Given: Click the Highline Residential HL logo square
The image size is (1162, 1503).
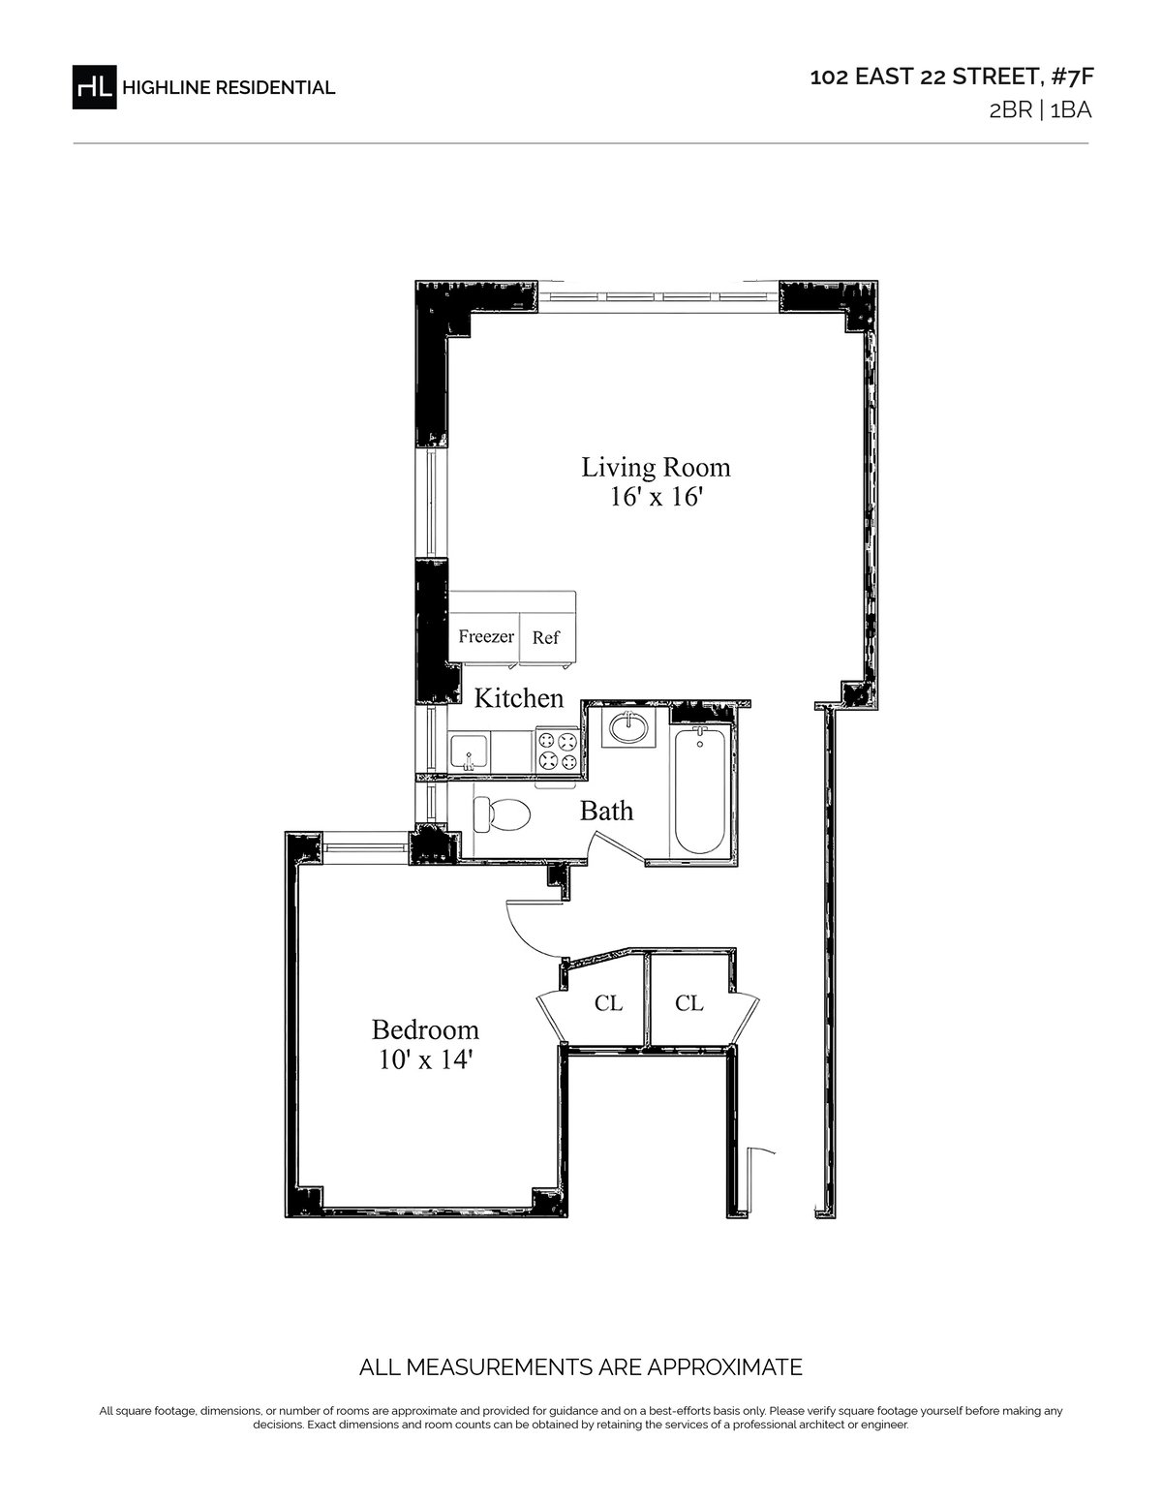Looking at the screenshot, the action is tap(94, 87).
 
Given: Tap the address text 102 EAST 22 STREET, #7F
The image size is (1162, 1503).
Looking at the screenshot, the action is tap(951, 77).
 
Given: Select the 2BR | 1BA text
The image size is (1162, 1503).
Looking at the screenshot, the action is tap(1040, 110).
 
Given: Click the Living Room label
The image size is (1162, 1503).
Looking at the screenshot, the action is tap(656, 468).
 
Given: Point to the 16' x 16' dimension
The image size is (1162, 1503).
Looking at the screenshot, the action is tap(656, 498).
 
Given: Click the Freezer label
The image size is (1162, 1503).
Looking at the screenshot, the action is tap(486, 636).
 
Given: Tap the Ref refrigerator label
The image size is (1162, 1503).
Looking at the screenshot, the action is tap(545, 638).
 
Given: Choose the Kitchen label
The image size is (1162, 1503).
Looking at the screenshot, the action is tap(518, 698).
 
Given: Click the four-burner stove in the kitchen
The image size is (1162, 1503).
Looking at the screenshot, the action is tap(557, 751).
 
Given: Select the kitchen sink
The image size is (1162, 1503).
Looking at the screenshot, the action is tap(469, 753).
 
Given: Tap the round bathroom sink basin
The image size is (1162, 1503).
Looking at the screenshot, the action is tap(628, 727).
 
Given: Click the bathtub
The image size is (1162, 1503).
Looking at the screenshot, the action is tap(700, 790).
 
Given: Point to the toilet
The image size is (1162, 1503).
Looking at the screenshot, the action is tap(502, 813).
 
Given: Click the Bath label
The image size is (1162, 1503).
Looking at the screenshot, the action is tap(606, 811).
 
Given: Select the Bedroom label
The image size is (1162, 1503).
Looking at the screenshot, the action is tap(425, 1029).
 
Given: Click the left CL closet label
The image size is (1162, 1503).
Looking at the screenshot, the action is tap(608, 1002).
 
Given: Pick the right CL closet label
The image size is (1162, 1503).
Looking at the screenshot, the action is tap(689, 1002).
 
